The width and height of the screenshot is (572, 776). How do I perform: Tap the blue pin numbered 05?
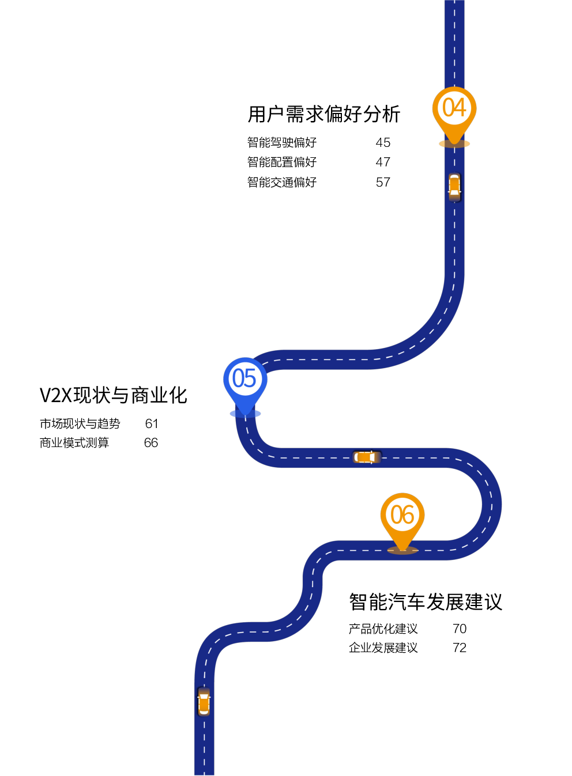245,384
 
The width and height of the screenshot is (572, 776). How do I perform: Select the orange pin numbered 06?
402,520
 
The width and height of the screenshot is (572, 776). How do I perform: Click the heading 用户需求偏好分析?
324,114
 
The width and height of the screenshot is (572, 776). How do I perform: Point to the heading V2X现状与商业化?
114,395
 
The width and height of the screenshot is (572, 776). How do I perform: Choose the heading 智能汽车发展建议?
426,602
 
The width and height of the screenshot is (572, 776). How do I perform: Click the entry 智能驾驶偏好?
282,142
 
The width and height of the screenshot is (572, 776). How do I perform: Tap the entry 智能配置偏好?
282,162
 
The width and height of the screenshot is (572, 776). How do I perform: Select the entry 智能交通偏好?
282,182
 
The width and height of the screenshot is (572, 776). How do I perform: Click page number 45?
383,143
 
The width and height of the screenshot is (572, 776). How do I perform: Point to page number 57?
383,183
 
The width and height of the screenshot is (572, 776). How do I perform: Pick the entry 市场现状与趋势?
80,423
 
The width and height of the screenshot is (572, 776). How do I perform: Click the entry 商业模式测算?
74,443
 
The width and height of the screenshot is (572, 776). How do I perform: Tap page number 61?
152,424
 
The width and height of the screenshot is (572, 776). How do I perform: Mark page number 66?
151,443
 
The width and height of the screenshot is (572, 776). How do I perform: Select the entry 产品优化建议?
383,629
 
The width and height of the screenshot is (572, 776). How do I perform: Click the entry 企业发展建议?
383,648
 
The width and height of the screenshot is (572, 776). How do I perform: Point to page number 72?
460,648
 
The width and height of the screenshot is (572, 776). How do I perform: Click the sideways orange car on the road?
367,457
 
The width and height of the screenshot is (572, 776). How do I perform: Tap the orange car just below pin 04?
454,187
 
